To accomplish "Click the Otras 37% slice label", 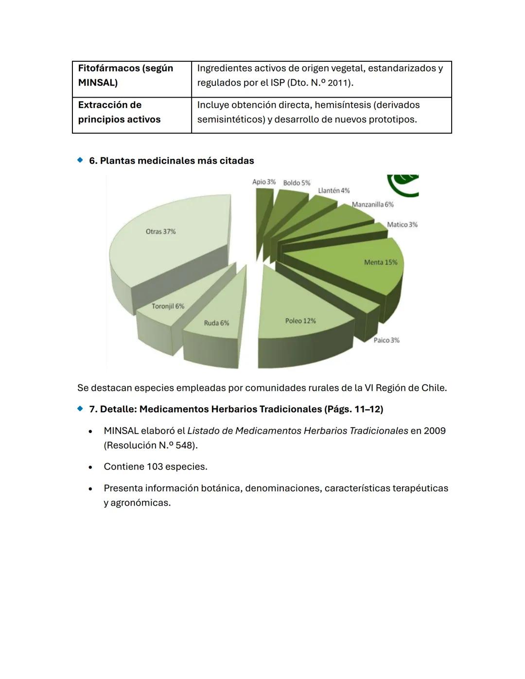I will [x=160, y=232].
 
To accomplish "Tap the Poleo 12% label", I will [x=300, y=321].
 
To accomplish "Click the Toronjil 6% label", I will [x=168, y=306].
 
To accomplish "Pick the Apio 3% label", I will [x=263, y=182].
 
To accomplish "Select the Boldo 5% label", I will [x=297, y=183].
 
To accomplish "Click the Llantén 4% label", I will [x=333, y=191].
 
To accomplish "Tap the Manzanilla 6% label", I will [x=372, y=205].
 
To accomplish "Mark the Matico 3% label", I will [x=402, y=225].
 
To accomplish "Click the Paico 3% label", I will [x=386, y=340].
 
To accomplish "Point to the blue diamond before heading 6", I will [x=80, y=160].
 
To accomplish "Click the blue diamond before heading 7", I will [x=80, y=409].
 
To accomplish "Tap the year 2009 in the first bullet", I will [x=435, y=431].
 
